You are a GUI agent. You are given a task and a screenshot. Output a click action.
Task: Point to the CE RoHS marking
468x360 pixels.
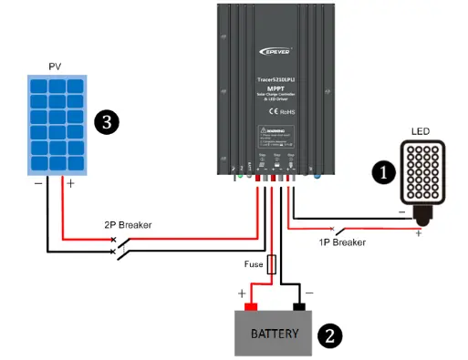pos(280,112)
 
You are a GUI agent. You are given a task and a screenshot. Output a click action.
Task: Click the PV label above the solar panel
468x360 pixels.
pos(54,67)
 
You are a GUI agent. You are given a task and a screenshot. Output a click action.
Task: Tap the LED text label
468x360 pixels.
pos(421,131)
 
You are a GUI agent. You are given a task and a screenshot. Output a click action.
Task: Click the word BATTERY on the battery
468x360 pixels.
pos(275,334)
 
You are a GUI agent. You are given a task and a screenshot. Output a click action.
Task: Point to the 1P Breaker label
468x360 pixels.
pos(343,242)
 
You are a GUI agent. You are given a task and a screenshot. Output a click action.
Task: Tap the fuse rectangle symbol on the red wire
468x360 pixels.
pos(271,265)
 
